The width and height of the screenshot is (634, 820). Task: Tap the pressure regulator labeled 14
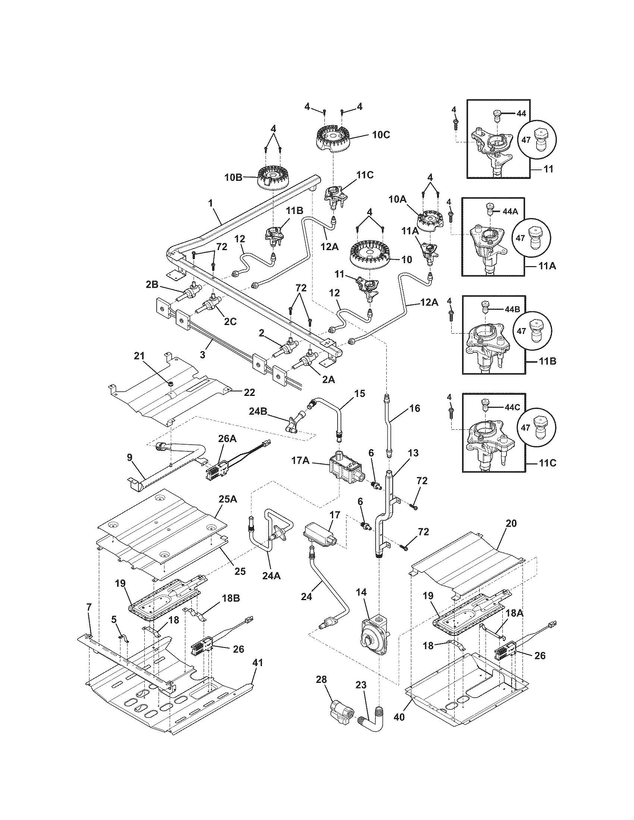click(x=373, y=635)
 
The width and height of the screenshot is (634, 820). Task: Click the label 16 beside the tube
click(x=414, y=408)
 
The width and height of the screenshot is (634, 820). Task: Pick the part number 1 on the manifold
click(x=211, y=203)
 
